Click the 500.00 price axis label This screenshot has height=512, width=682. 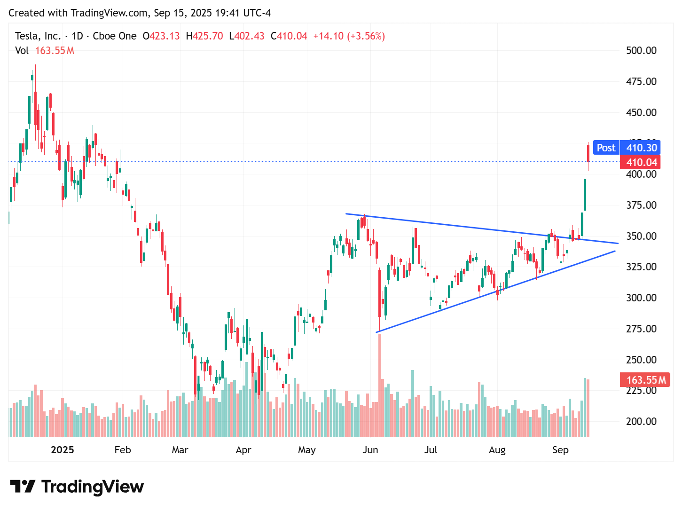point(641,50)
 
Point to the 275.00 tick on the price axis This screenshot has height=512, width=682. point(641,329)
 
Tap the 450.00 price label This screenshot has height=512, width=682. point(641,112)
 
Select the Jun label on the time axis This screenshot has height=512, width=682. point(370,450)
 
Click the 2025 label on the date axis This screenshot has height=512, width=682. point(62,450)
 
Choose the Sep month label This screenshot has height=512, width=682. point(560,450)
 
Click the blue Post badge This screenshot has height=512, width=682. point(606,148)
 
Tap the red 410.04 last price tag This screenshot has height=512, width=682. point(641,163)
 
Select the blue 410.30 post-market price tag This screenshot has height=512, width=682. point(641,148)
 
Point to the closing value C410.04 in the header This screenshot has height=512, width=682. point(289,36)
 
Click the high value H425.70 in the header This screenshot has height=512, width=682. point(204,36)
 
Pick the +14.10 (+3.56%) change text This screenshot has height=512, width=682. point(349,36)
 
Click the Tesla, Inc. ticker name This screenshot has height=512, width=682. point(38,36)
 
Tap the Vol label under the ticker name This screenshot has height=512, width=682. point(22,51)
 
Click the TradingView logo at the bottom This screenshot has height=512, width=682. point(77,487)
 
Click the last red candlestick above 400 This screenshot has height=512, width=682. point(588,154)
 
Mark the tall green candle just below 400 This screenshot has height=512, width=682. point(585,195)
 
